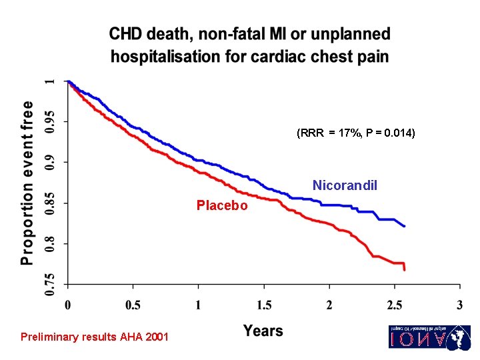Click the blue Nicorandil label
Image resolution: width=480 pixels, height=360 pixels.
(345, 185)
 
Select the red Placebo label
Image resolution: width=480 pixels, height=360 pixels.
(221, 205)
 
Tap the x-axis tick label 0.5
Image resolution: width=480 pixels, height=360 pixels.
(133, 305)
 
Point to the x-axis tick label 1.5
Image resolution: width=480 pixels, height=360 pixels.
(263, 305)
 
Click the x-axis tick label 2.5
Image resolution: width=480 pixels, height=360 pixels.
(395, 305)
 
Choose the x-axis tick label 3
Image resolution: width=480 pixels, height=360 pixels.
(460, 305)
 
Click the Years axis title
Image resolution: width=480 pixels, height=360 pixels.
(263, 331)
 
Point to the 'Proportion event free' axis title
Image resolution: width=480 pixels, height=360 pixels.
(27, 183)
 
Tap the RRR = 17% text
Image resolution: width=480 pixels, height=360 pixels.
(327, 133)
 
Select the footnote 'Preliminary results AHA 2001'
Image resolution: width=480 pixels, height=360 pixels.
(95, 337)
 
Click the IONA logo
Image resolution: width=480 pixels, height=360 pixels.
(429, 337)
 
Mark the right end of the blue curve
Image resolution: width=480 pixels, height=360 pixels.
(405, 227)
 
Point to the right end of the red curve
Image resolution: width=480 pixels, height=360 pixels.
(405, 269)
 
